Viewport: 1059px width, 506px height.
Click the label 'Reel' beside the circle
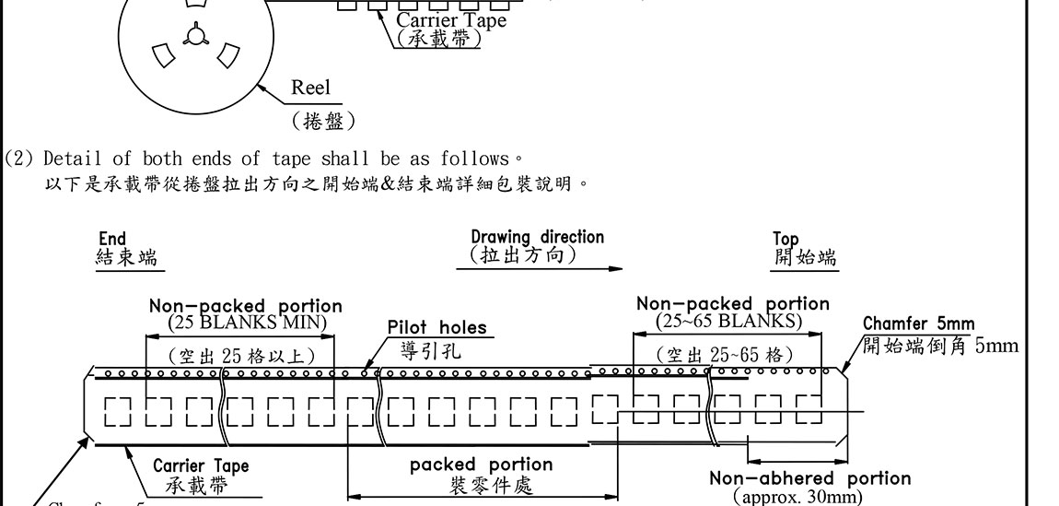310,88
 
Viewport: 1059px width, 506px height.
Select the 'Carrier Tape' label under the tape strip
200,466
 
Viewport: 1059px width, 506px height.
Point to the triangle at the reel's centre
193,37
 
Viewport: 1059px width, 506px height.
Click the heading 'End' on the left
111,239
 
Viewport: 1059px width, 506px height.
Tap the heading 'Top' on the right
786,239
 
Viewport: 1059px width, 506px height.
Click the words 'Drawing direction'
538,237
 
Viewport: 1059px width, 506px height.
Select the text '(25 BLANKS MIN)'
247,322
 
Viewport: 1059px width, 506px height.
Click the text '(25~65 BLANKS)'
728,320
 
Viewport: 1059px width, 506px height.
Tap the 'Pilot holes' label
436,328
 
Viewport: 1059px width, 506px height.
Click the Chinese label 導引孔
431,351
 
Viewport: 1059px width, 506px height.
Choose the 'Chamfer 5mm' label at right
918,324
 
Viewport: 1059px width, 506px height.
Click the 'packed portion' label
481,465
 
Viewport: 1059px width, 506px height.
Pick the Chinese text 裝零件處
481,486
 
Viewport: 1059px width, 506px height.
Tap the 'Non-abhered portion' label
809,477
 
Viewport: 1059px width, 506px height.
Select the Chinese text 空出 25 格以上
241,355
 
